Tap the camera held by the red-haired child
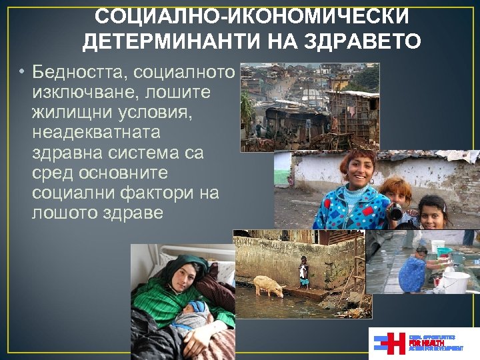(396, 211)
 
